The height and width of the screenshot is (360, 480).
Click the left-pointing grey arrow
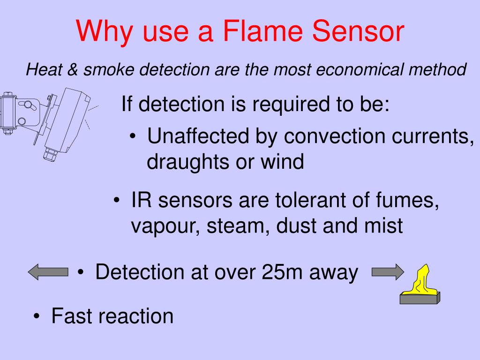tap(48, 272)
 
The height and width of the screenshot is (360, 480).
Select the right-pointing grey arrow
tap(387, 272)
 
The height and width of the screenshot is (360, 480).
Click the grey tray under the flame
tap(420, 298)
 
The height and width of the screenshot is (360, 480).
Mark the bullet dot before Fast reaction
tap(37, 317)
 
